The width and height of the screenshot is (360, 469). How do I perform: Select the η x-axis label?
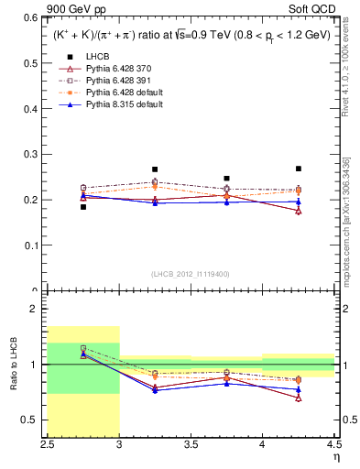point(335,457)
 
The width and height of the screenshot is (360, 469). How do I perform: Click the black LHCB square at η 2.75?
point(83,207)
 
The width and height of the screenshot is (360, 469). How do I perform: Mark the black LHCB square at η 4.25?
point(298,169)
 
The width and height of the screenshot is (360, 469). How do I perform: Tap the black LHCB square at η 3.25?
point(155,169)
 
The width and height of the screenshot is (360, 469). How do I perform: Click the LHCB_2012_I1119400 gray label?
point(191,274)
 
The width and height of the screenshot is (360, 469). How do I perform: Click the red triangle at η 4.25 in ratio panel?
point(298,398)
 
